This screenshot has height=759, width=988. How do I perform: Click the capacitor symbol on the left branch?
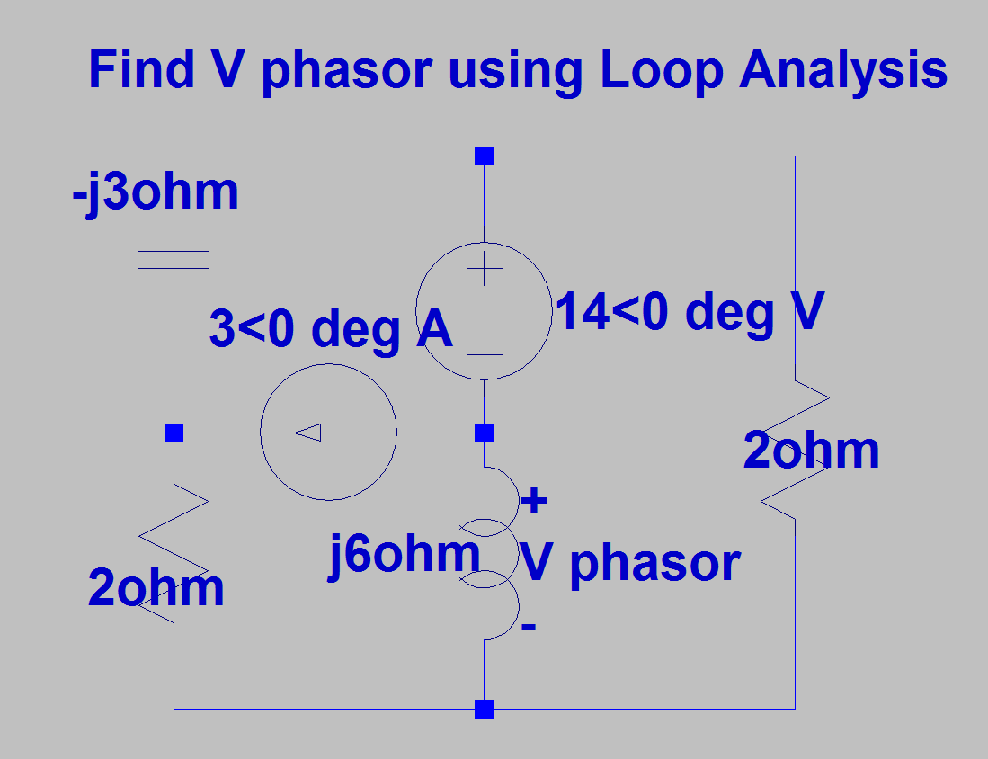[x=174, y=260]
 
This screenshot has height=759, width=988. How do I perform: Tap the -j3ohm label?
[x=156, y=192]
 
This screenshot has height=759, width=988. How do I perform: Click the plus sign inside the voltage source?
[x=485, y=268]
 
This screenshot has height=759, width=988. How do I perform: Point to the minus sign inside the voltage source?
[x=485, y=354]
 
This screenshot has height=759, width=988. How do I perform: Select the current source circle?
[x=328, y=433]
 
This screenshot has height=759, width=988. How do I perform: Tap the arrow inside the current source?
[x=328, y=433]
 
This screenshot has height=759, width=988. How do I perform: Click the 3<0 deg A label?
[x=330, y=331]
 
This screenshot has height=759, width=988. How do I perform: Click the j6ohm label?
[x=404, y=555]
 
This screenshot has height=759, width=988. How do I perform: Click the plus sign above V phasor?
[x=534, y=502]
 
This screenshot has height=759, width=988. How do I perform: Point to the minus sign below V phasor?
[x=529, y=626]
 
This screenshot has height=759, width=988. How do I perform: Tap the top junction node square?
[x=485, y=156]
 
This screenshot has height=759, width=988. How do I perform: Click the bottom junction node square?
[x=485, y=710]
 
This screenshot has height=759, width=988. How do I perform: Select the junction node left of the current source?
[x=174, y=433]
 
